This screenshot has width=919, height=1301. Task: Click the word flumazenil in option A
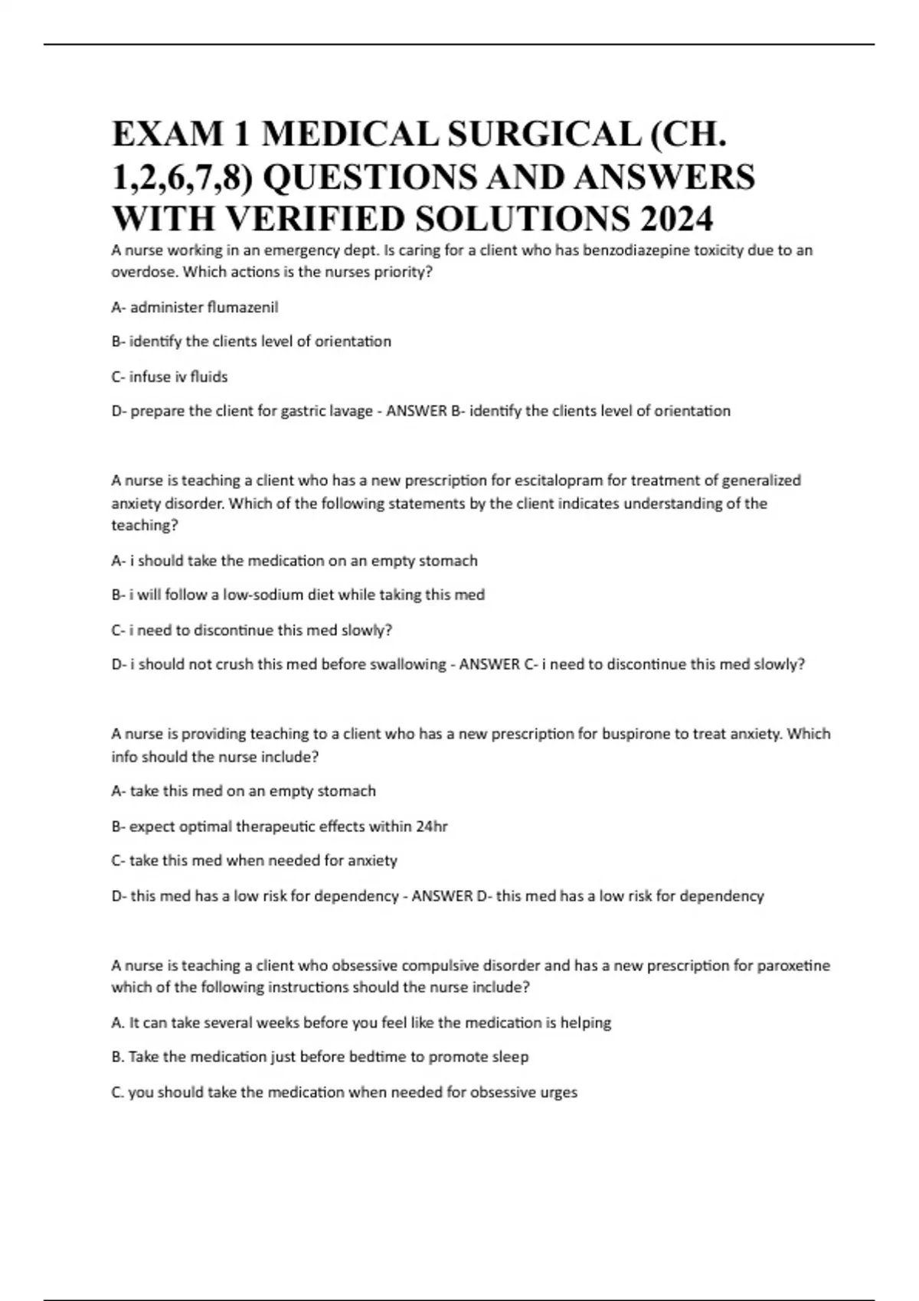click(x=243, y=308)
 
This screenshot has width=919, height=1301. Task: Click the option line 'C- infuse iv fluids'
click(x=169, y=377)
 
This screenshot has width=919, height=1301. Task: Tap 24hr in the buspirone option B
click(x=432, y=827)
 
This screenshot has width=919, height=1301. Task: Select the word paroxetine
click(x=793, y=966)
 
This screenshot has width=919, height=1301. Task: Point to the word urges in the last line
click(x=559, y=1092)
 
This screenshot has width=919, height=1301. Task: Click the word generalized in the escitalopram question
click(x=761, y=481)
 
